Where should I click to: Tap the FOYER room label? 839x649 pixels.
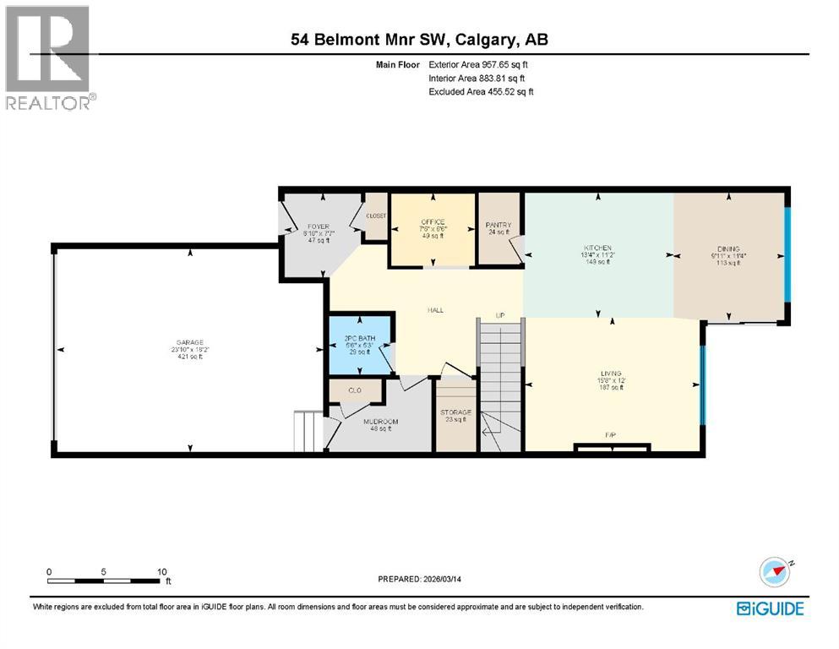(x=318, y=226)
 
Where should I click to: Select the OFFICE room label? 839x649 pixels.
(x=433, y=222)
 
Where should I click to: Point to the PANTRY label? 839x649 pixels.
(x=498, y=225)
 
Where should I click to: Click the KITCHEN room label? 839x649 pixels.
(x=597, y=248)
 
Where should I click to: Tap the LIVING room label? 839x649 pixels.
(x=611, y=373)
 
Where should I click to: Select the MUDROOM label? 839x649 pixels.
(x=380, y=421)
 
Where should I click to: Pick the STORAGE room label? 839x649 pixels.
(x=455, y=412)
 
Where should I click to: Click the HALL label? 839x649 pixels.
(x=435, y=310)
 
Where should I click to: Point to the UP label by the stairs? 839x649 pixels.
(x=500, y=315)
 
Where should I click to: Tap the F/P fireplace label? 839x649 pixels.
(x=611, y=435)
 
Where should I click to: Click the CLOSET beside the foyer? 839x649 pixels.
(x=376, y=216)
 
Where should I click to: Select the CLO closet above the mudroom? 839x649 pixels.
(x=355, y=391)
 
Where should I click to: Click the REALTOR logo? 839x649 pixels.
(x=48, y=57)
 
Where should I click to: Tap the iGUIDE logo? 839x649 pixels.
(x=770, y=608)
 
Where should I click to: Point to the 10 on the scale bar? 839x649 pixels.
(x=161, y=571)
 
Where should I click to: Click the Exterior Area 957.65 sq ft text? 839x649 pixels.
(x=482, y=64)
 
